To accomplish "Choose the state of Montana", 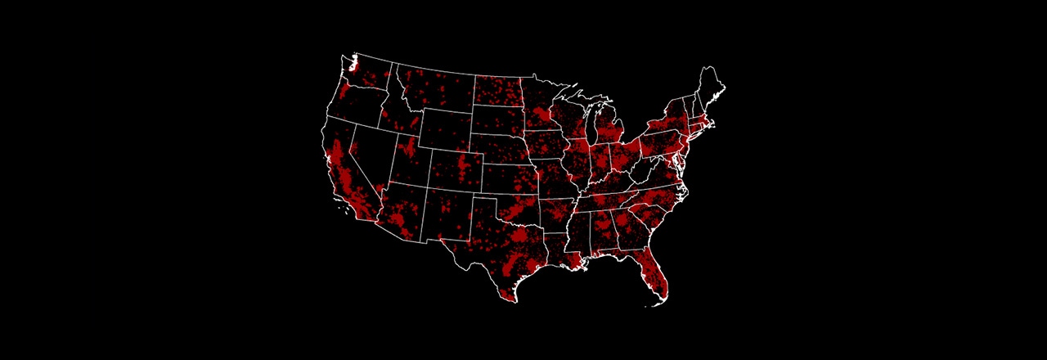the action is click(x=434, y=90).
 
